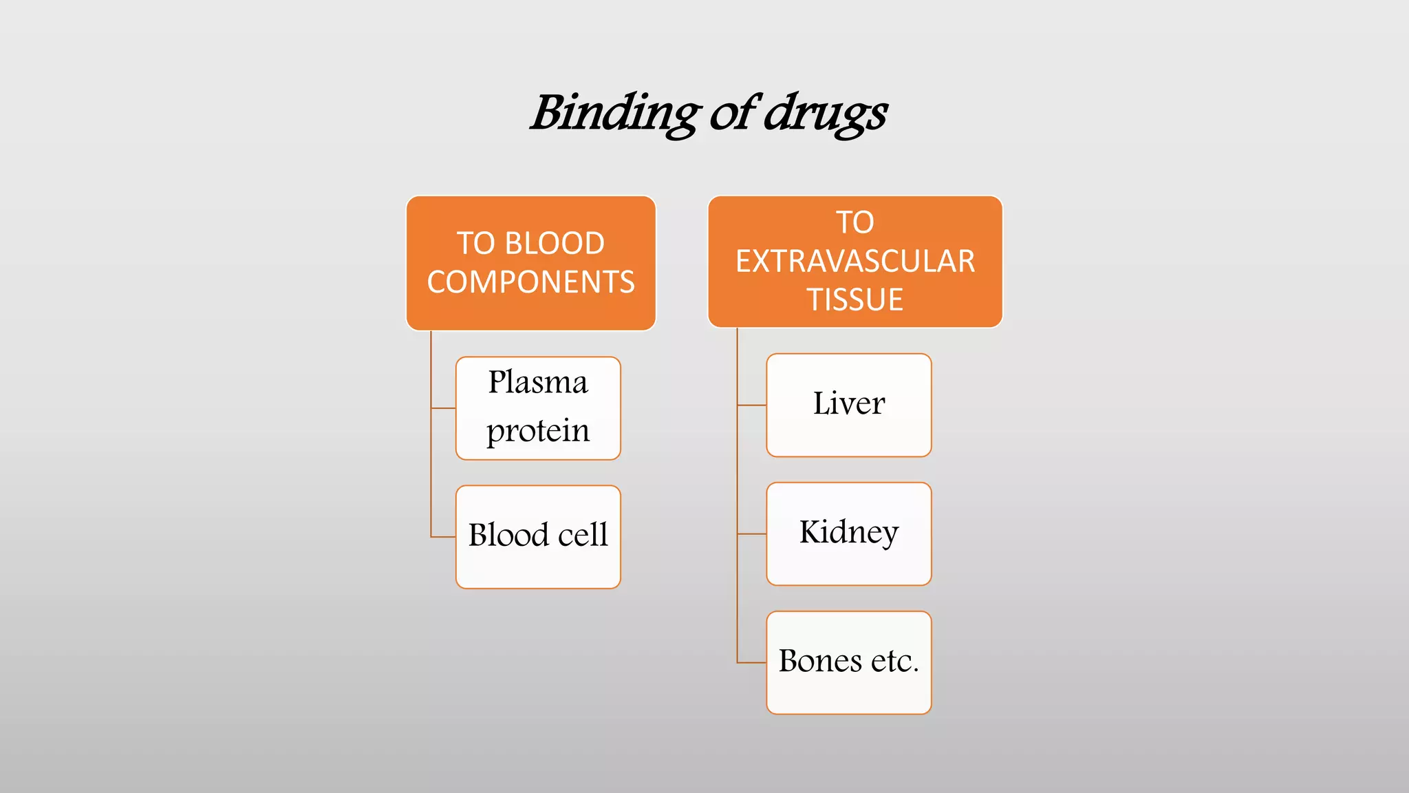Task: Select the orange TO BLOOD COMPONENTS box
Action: pyautogui.click(x=530, y=262)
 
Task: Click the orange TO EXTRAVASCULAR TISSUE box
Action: pyautogui.click(x=854, y=261)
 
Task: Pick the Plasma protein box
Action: pyautogui.click(x=538, y=408)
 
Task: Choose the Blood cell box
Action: pyautogui.click(x=538, y=536)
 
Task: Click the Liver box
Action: pyautogui.click(x=848, y=405)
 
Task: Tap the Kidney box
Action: pyautogui.click(x=848, y=533)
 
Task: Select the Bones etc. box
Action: pyautogui.click(x=848, y=662)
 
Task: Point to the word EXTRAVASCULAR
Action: pyautogui.click(x=855, y=262)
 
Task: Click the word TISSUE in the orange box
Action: pyautogui.click(x=855, y=300)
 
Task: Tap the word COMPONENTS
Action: pyautogui.click(x=530, y=282)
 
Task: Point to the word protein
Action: pyautogui.click(x=538, y=431)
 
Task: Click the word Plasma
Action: pyautogui.click(x=538, y=383)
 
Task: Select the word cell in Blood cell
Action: pyautogui.click(x=583, y=536)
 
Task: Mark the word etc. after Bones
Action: pyautogui.click(x=894, y=662)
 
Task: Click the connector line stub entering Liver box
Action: pyautogui.click(x=752, y=405)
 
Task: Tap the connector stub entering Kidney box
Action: pyautogui.click(x=752, y=533)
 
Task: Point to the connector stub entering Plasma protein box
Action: pyautogui.click(x=443, y=408)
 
